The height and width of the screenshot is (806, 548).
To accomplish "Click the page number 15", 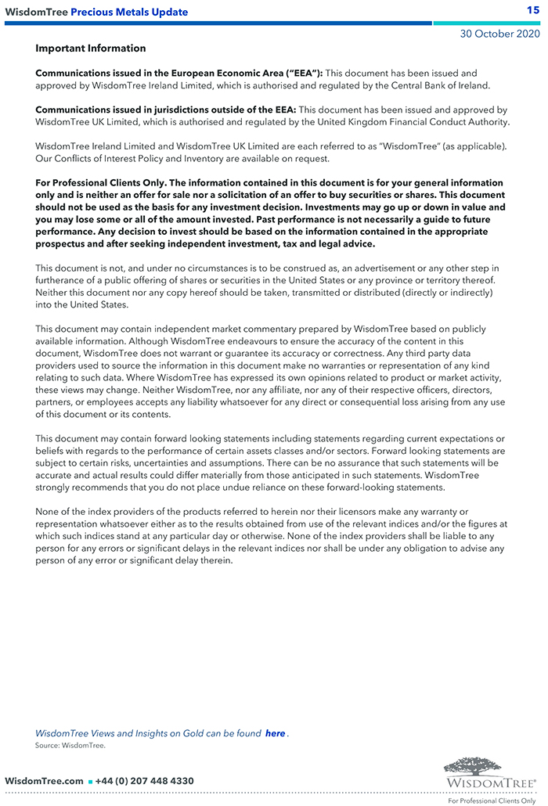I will coord(533,10).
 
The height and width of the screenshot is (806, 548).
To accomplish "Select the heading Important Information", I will coord(90,49).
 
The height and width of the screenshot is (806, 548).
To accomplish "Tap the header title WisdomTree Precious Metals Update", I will coord(96,12).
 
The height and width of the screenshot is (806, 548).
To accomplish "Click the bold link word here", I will coord(275,733).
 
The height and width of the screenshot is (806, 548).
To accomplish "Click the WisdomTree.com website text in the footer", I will coord(44,781).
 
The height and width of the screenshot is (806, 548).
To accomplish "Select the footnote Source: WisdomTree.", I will coord(70,746).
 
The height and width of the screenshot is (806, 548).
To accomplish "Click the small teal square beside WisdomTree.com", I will coord(90,782).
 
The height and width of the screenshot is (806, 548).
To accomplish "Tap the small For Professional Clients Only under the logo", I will coord(492,801).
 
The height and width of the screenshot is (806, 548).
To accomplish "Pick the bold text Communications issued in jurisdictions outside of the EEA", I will coord(165,110).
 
